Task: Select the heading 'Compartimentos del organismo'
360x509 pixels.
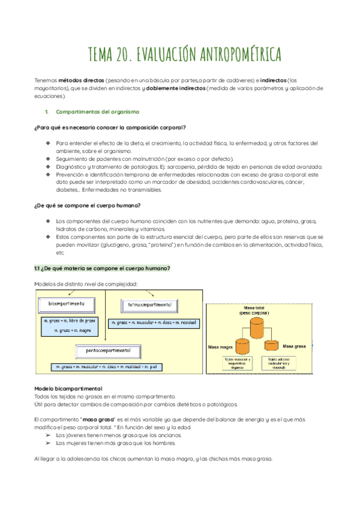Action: (97, 112)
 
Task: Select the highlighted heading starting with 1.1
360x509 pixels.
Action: (103, 268)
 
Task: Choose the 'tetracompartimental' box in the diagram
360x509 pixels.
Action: (149, 305)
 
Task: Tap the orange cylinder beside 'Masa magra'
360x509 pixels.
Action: (242, 346)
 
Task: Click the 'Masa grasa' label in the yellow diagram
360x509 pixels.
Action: (295, 346)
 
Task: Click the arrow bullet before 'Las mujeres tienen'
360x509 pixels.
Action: (48, 443)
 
